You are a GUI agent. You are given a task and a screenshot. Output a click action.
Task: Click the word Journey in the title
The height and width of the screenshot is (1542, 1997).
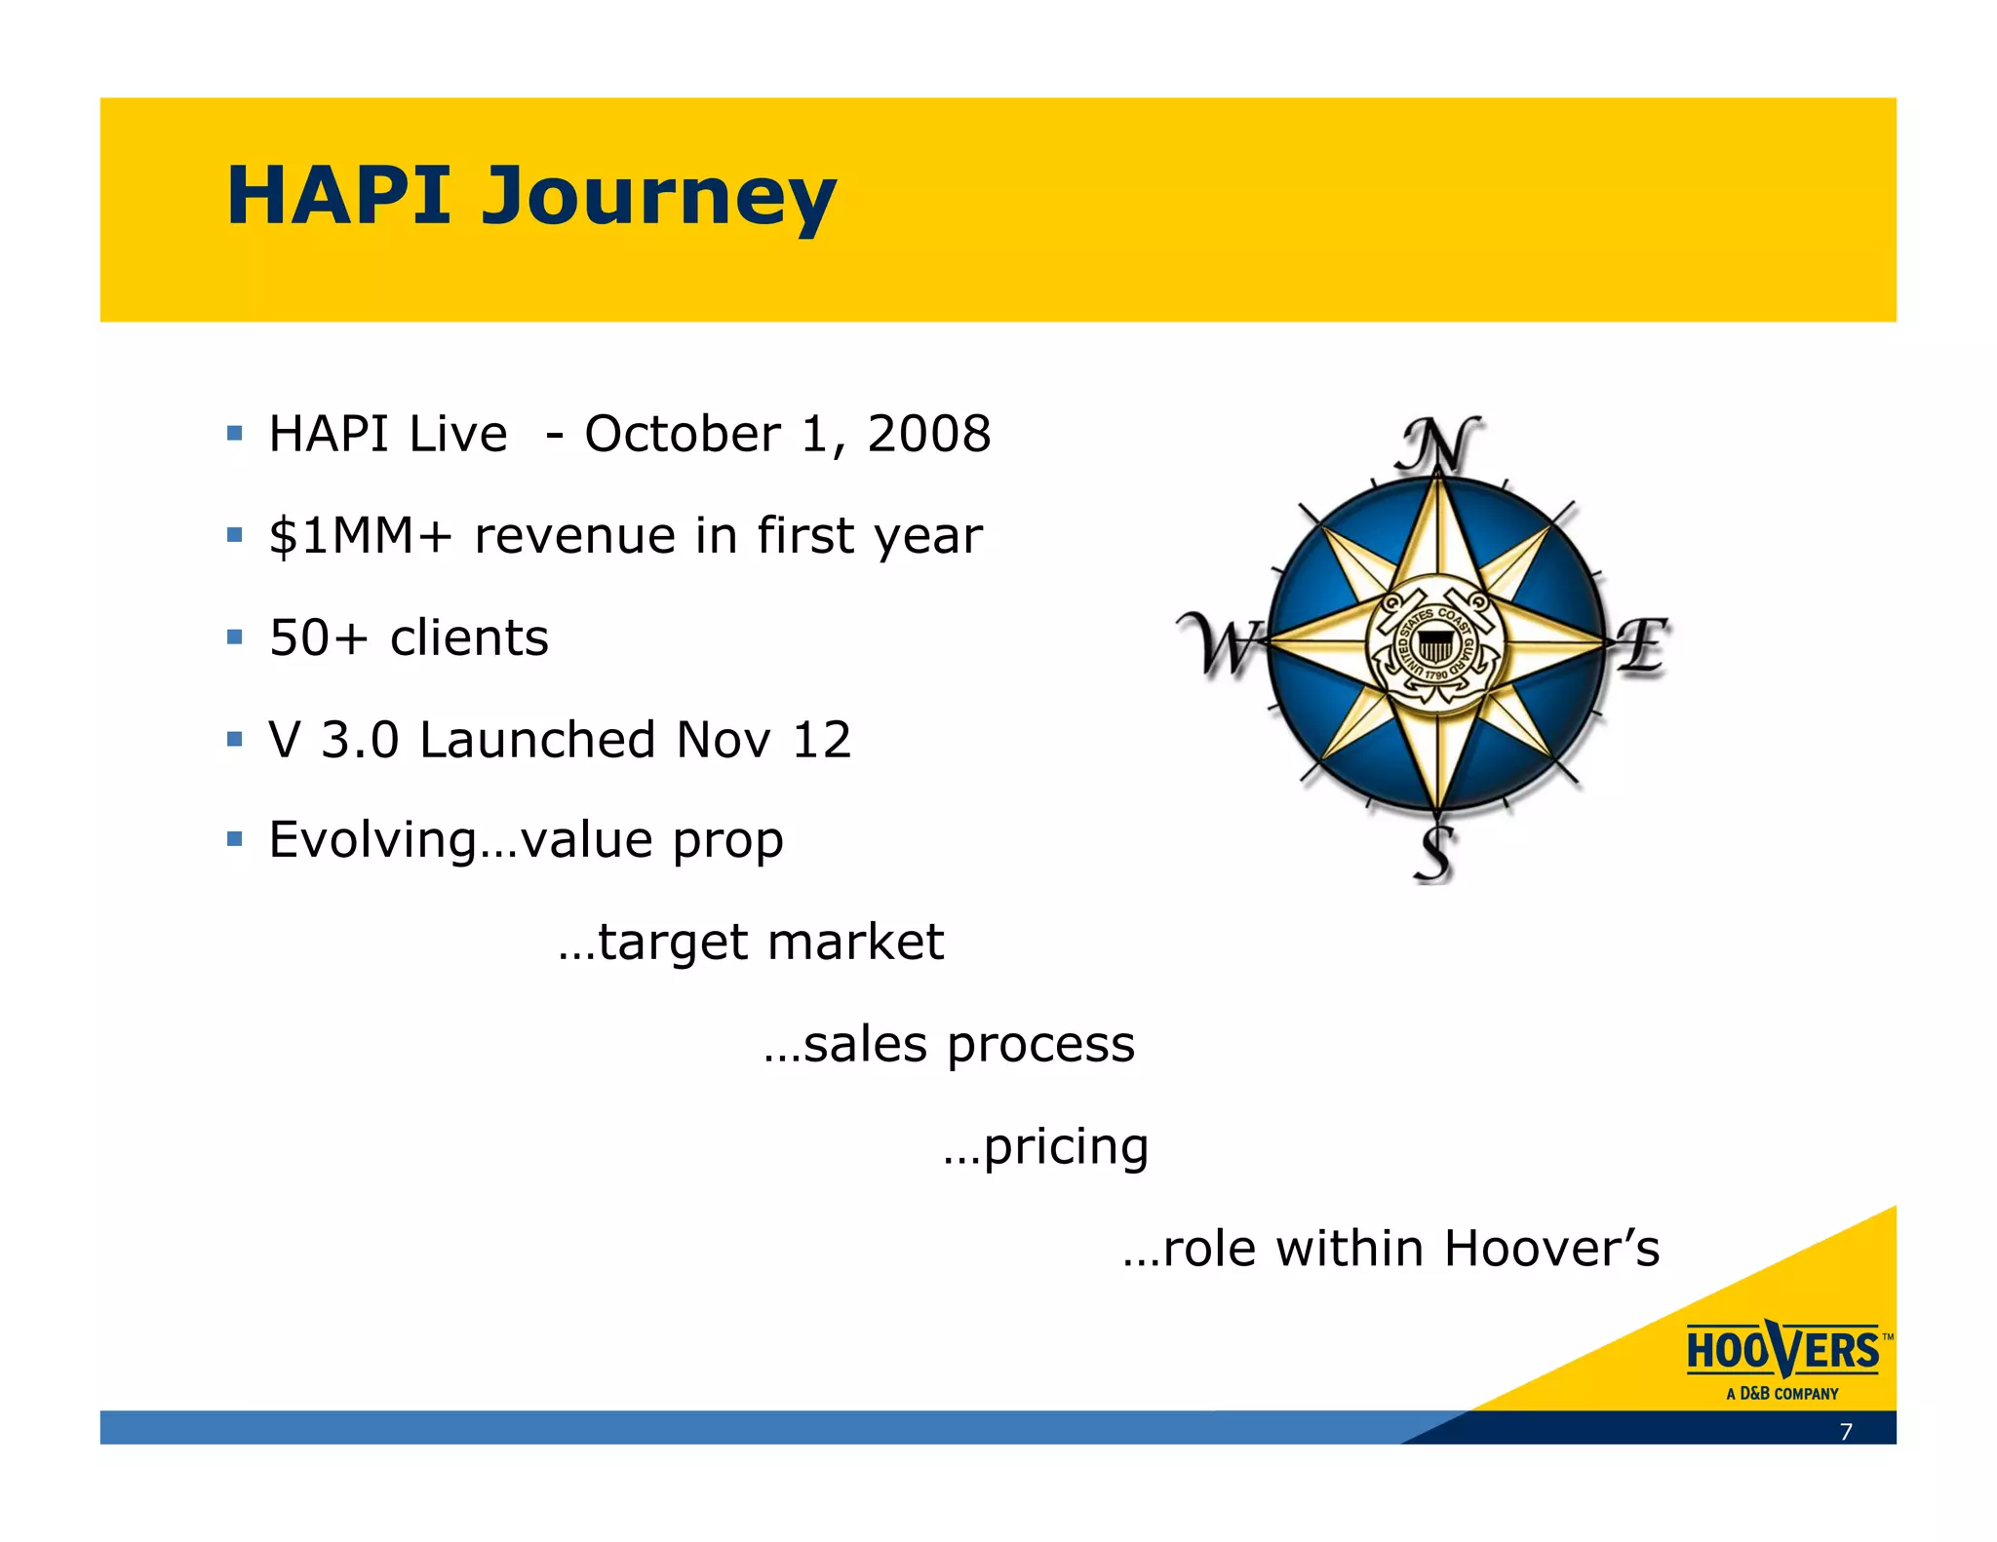pyautogui.click(x=659, y=197)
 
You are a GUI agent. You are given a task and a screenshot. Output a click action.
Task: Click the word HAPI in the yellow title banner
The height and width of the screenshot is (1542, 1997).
pyautogui.click(x=339, y=195)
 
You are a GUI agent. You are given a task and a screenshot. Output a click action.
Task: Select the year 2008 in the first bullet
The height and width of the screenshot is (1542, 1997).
pyautogui.click(x=928, y=434)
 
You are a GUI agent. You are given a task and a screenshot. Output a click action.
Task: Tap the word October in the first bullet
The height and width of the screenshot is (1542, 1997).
pyautogui.click(x=682, y=434)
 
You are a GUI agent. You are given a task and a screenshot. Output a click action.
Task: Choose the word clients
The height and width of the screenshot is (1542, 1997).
pyautogui.click(x=469, y=638)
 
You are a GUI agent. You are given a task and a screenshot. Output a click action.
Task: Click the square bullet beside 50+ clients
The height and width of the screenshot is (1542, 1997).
pyautogui.click(x=234, y=637)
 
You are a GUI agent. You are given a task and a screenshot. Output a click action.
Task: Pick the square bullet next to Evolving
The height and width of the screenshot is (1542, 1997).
pyautogui.click(x=234, y=838)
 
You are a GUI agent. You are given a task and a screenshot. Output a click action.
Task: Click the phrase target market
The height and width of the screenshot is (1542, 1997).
pyautogui.click(x=770, y=943)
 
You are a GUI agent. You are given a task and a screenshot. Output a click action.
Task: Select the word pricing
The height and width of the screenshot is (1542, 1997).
pyautogui.click(x=1066, y=1147)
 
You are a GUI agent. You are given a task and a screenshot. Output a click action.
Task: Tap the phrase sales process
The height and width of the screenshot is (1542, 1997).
pyautogui.click(x=968, y=1045)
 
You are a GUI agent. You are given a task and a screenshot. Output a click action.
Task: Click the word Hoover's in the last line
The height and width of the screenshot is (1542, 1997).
pyautogui.click(x=1551, y=1249)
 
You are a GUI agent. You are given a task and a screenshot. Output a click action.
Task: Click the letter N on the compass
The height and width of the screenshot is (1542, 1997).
pyautogui.click(x=1438, y=444)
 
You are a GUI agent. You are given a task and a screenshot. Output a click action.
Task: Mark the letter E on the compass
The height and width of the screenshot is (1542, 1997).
pyautogui.click(x=1644, y=644)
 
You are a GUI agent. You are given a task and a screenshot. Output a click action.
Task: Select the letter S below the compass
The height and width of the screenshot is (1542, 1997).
pyautogui.click(x=1434, y=854)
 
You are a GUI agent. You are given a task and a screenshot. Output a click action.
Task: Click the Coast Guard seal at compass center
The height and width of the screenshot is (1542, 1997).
pyautogui.click(x=1435, y=644)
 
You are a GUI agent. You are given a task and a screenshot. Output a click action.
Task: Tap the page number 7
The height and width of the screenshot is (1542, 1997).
pyautogui.click(x=1845, y=1432)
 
